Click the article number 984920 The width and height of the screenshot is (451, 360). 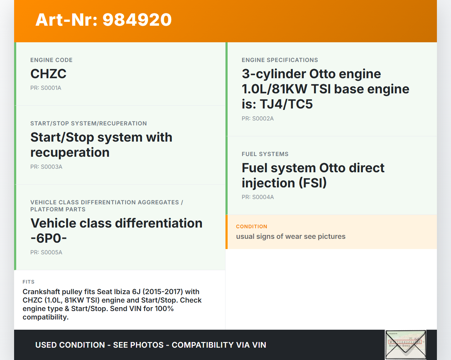137,20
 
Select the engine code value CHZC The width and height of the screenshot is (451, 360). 48,74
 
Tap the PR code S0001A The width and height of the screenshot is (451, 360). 51,88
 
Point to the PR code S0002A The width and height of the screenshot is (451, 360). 263,118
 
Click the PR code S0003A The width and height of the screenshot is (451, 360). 51,167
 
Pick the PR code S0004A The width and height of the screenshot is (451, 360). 263,197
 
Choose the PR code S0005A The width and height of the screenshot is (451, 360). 51,252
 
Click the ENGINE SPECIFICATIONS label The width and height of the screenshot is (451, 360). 280,60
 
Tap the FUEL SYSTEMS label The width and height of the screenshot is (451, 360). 265,154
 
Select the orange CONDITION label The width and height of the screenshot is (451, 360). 252,226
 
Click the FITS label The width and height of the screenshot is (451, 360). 29,282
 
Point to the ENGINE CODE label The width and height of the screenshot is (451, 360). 51,60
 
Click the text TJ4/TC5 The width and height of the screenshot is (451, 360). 286,104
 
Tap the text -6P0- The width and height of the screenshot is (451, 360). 49,238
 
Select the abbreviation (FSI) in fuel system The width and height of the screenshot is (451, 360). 313,183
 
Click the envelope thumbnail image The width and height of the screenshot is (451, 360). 406,345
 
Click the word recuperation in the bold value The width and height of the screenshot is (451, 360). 70,152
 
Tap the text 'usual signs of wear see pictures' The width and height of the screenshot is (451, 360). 291,236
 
